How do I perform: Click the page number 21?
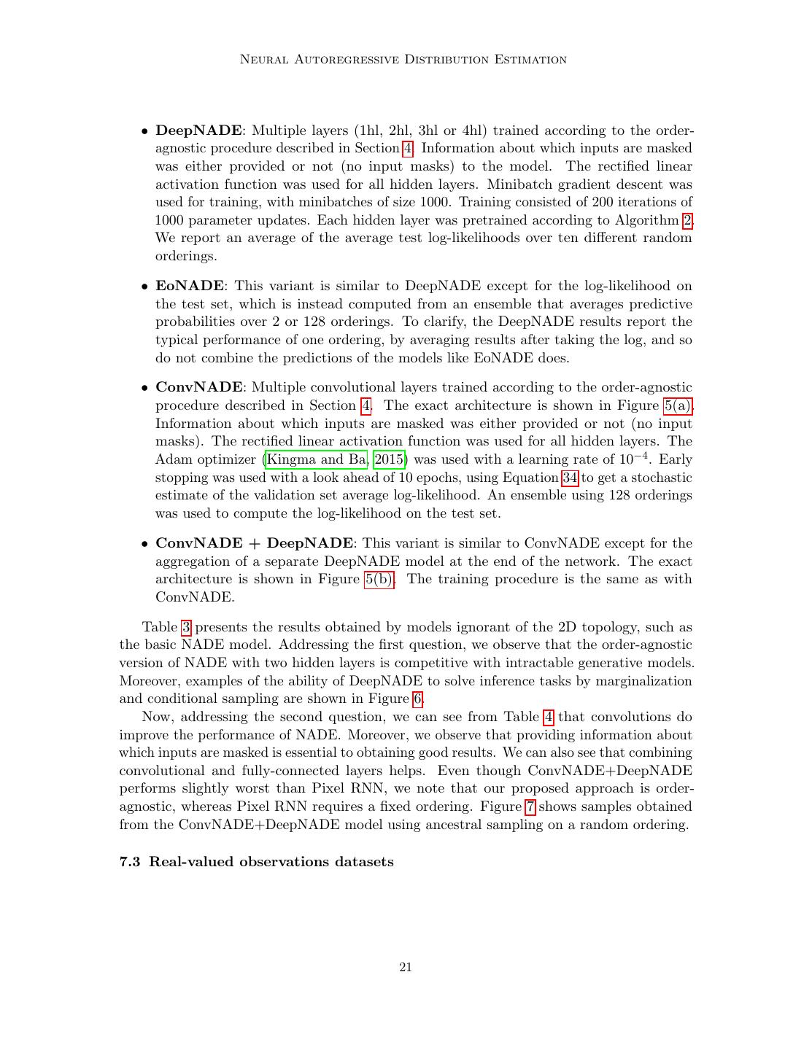click(406, 968)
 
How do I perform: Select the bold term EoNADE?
click(190, 286)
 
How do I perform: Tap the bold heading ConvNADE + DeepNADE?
click(255, 543)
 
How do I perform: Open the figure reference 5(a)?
click(678, 405)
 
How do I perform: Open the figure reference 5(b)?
click(379, 579)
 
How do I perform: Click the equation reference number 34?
click(570, 478)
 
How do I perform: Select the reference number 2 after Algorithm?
click(687, 220)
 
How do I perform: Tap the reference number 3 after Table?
click(186, 627)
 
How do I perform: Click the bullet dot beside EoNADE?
click(145, 287)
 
